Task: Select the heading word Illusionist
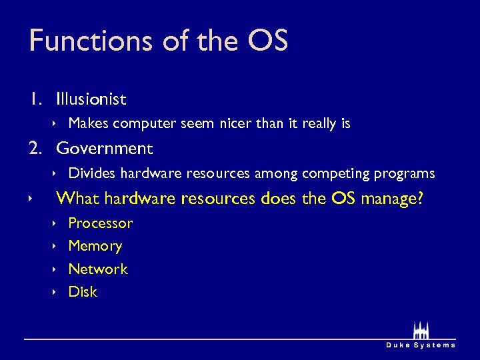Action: click(91, 99)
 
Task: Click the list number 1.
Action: click(34, 99)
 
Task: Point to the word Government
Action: click(105, 148)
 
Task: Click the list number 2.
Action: click(35, 148)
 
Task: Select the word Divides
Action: click(91, 173)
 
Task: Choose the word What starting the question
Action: click(78, 198)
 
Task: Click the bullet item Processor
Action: click(101, 223)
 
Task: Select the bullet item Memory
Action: click(95, 246)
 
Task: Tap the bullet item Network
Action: click(98, 269)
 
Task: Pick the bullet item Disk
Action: click(83, 291)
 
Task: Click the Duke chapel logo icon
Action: click(421, 331)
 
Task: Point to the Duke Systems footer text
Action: click(421, 345)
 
